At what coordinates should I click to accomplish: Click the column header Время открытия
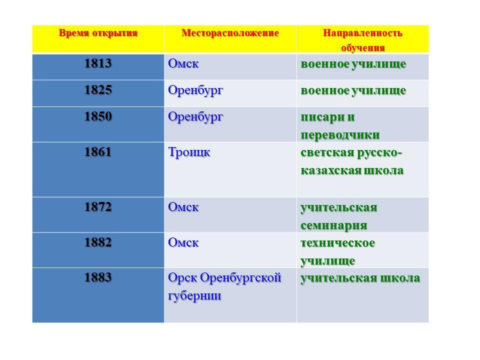98,33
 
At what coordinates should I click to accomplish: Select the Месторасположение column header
230,33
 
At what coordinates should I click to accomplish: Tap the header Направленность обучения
363,40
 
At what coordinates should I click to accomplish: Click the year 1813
98,63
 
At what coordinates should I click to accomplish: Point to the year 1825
98,90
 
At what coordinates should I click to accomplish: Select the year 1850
98,116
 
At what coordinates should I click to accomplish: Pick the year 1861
98,152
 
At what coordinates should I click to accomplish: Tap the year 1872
98,207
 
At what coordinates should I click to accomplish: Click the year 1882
98,242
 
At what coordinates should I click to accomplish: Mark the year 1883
98,277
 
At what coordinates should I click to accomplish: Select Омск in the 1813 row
183,63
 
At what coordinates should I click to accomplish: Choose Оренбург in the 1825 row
195,91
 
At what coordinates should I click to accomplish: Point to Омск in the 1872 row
183,207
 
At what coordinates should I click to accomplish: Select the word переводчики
340,135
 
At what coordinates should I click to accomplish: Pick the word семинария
333,225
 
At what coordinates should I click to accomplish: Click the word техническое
337,243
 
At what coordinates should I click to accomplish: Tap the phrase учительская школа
360,278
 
